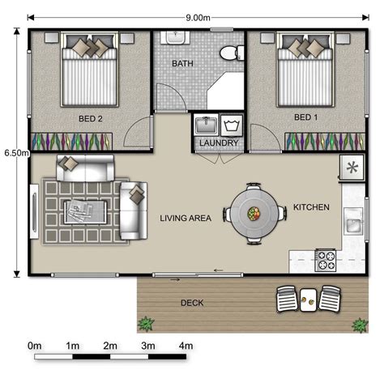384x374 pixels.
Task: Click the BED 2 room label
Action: (x=91, y=118)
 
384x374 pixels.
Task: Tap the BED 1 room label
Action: (x=305, y=117)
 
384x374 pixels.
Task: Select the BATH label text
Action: (x=182, y=63)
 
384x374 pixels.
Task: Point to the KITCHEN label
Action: (x=311, y=207)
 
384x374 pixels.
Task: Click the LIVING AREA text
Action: (x=186, y=218)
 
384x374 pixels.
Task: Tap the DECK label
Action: (x=192, y=304)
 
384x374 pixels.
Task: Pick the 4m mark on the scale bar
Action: (x=186, y=346)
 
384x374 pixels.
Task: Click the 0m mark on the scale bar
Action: (x=35, y=346)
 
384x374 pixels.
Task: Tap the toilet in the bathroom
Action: (x=231, y=51)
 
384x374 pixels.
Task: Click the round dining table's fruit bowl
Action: (x=254, y=214)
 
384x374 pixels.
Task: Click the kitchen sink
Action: (x=352, y=219)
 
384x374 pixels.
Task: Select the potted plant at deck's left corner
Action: (x=147, y=324)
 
